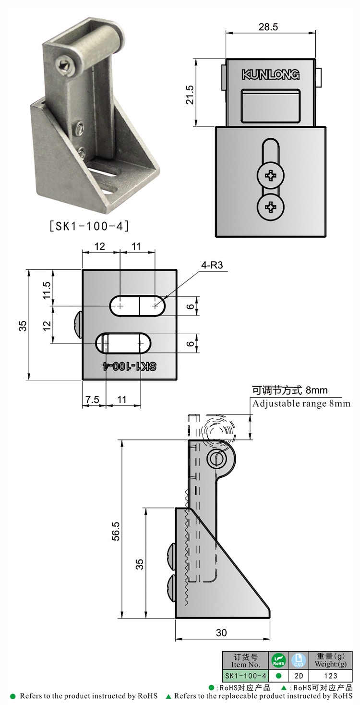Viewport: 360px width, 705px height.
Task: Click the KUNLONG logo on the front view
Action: (x=270, y=74)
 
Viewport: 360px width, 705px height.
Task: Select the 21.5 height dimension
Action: (x=190, y=95)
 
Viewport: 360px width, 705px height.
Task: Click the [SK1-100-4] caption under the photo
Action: (x=89, y=225)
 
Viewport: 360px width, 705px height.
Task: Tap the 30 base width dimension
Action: (x=221, y=632)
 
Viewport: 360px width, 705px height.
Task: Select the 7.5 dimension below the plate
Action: (x=92, y=399)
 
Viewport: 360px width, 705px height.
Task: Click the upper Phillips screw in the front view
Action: (x=271, y=176)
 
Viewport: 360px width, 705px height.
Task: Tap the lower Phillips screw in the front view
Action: (x=271, y=207)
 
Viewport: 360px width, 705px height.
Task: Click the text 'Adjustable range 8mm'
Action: (x=301, y=403)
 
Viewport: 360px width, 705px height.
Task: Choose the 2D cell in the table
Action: (x=299, y=676)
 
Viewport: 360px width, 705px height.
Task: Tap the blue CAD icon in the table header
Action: (x=299, y=660)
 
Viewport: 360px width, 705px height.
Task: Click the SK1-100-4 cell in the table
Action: (x=245, y=676)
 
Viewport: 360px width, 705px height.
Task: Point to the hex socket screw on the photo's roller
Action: (x=64, y=65)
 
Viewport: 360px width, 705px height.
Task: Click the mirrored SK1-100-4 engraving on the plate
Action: (x=130, y=366)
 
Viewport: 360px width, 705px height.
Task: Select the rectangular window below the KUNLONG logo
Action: (x=271, y=106)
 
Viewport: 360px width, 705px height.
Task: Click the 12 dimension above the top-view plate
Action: (x=100, y=246)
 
